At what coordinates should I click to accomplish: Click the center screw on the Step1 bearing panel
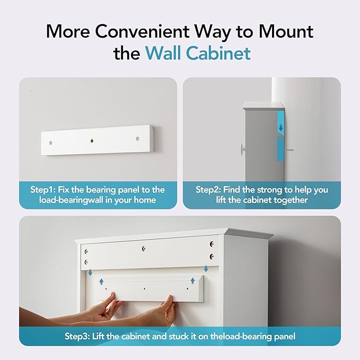click(92, 141)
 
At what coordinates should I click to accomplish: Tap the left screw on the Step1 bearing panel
click(50, 143)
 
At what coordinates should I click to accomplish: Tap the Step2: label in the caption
click(209, 189)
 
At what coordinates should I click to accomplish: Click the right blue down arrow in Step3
click(206, 269)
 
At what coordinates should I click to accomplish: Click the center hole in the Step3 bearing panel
click(145, 289)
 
